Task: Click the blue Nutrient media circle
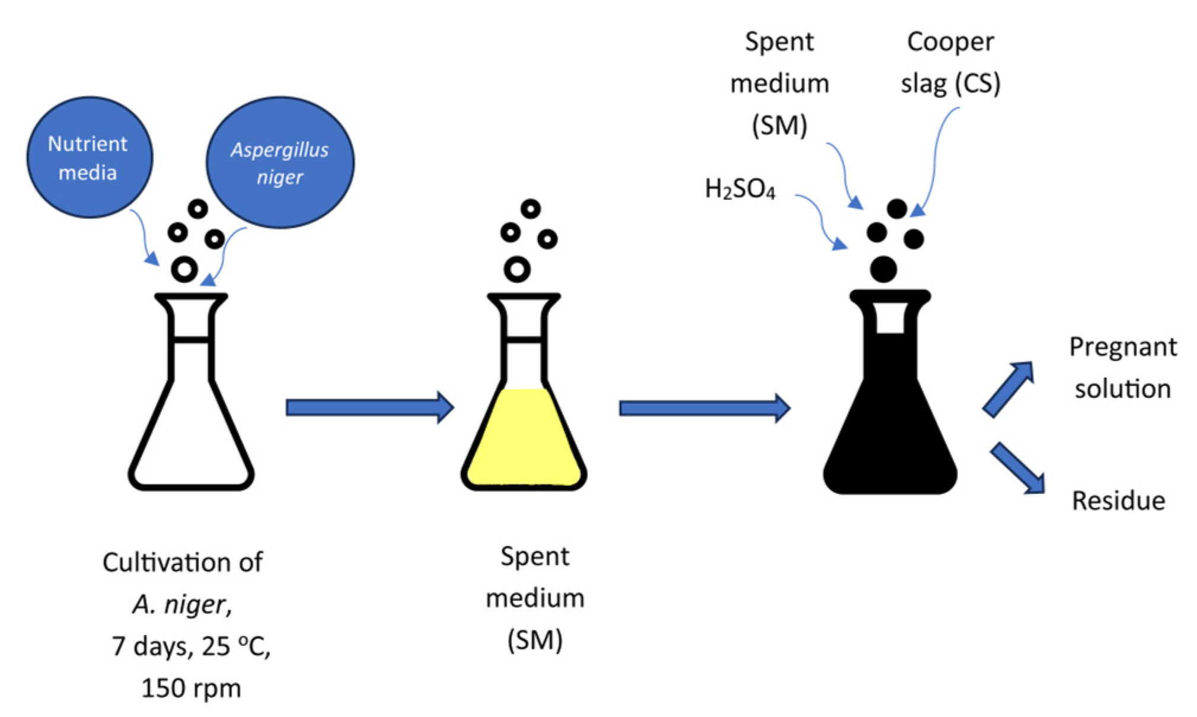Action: coord(89,158)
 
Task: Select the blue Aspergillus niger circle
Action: coord(280,162)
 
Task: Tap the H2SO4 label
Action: coord(739,189)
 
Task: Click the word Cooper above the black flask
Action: coord(950,42)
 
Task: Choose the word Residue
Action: coord(1118,501)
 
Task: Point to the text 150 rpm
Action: coord(191,688)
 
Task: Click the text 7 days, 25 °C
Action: coord(191,646)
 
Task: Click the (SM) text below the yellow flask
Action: coord(534,640)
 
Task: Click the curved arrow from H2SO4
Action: coord(822,219)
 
